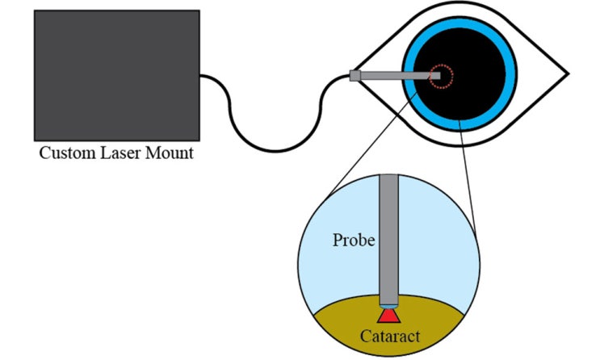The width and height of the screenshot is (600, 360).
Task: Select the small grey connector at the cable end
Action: (355, 76)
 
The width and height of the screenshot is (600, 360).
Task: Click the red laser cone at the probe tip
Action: (389, 313)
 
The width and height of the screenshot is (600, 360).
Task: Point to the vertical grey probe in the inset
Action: (389, 234)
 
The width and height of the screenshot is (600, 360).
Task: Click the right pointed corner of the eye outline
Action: (569, 75)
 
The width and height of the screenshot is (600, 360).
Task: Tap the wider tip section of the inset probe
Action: (389, 294)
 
